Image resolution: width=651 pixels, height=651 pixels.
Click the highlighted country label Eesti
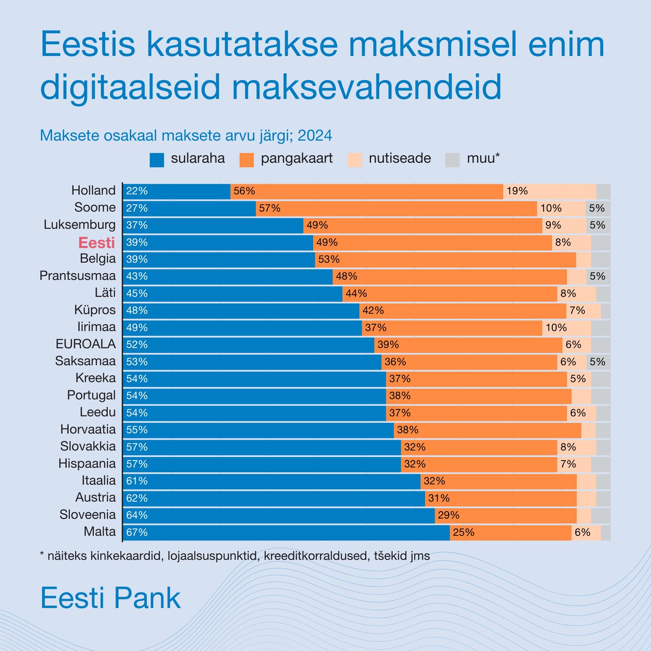pyautogui.click(x=97, y=242)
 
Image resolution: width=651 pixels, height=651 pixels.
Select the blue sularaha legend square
pyautogui.click(x=157, y=159)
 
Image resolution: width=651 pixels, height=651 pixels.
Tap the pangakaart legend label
pyautogui.click(x=296, y=158)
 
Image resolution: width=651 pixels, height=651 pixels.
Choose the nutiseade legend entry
pyautogui.click(x=400, y=158)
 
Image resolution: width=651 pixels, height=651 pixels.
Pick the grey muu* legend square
pyautogui.click(x=452, y=159)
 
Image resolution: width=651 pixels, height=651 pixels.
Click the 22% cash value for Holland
pyautogui.click(x=137, y=191)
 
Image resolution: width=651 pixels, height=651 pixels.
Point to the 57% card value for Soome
pyautogui.click(x=270, y=208)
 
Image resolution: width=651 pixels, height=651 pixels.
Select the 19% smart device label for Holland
pyautogui.click(x=517, y=191)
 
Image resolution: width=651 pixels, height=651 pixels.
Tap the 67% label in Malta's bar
pyautogui.click(x=137, y=533)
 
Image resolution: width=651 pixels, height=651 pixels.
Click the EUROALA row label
pyautogui.click(x=86, y=344)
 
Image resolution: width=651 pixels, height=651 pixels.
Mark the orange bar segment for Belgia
pyautogui.click(x=445, y=259)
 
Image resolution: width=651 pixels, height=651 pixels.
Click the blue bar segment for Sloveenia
pyautogui.click(x=279, y=515)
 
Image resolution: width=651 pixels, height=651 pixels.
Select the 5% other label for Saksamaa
pyautogui.click(x=597, y=362)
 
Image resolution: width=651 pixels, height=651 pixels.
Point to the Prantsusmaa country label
pyautogui.click(x=78, y=276)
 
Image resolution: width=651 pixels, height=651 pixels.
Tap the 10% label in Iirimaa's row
pyautogui.click(x=556, y=328)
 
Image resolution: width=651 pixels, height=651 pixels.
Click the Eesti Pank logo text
pyautogui.click(x=111, y=598)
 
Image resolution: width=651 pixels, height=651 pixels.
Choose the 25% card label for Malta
pyautogui.click(x=463, y=533)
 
